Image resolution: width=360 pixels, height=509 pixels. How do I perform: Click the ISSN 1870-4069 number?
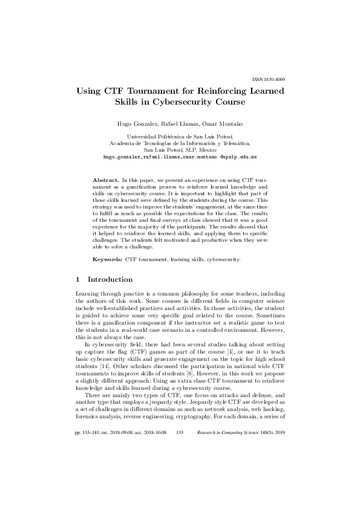pos(268,80)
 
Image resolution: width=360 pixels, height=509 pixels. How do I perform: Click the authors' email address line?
pos(180,157)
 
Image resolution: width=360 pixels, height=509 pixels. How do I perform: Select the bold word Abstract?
pos(105,181)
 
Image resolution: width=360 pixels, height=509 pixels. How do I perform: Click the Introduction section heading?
pos(110,280)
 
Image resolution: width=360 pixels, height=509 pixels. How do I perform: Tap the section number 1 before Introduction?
pos(78,280)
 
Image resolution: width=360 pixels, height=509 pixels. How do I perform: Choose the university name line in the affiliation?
pos(180,137)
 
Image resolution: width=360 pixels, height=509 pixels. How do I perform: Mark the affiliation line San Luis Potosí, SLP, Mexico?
pos(180,150)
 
